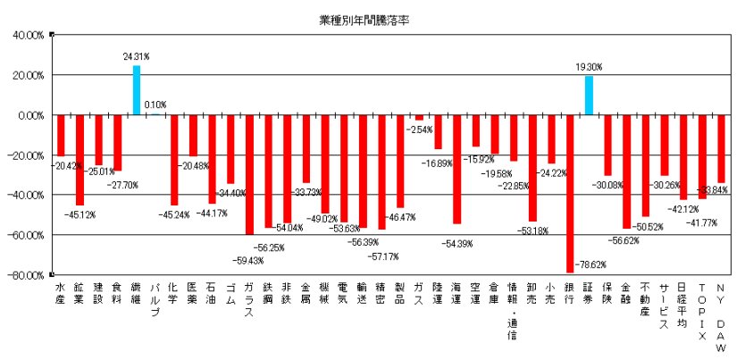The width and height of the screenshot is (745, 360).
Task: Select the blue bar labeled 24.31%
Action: click(137, 90)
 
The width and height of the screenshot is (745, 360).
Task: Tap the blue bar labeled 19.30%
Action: click(589, 96)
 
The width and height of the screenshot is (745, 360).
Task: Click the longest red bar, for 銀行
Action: click(570, 193)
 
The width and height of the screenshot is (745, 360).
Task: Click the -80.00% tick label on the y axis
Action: click(28, 274)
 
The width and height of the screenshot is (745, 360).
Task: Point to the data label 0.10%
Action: click(155, 105)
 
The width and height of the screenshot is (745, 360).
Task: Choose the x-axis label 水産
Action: click(61, 292)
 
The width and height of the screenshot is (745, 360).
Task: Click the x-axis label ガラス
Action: click(248, 299)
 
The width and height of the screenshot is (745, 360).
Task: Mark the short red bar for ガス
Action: click(419, 118)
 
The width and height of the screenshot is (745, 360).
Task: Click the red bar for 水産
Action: click(61, 136)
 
